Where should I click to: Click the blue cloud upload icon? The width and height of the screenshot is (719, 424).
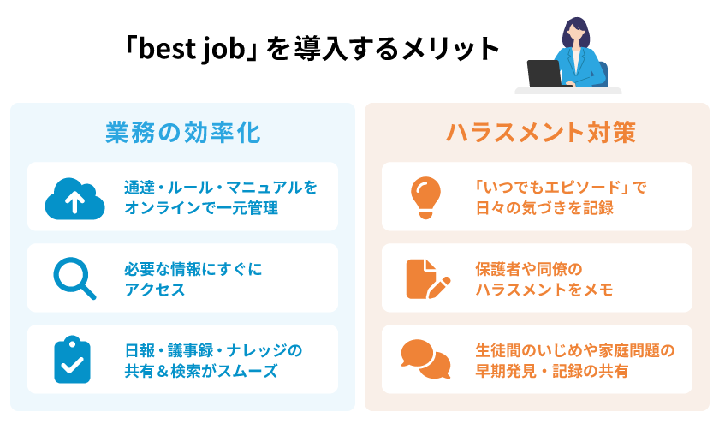(x=74, y=198)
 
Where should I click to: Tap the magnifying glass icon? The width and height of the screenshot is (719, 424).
(x=74, y=278)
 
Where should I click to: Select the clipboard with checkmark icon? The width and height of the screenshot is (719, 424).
(x=72, y=360)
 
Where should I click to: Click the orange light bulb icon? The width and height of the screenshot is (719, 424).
(x=426, y=197)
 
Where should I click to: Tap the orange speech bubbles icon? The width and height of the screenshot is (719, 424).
(x=425, y=359)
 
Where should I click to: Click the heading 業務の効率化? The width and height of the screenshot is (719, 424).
(x=183, y=133)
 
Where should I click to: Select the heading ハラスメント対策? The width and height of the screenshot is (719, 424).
(x=541, y=133)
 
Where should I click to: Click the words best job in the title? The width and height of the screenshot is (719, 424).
(x=192, y=49)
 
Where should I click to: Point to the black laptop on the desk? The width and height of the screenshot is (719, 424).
(x=544, y=74)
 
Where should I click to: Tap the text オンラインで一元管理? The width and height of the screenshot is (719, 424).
(x=201, y=208)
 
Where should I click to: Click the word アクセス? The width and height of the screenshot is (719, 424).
(x=155, y=290)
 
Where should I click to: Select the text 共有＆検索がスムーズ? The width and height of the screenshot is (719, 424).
(x=201, y=371)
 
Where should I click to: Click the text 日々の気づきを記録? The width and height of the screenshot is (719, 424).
(x=544, y=208)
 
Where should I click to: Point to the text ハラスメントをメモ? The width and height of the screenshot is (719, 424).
(x=544, y=290)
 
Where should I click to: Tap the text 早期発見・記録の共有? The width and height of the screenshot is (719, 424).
(x=551, y=371)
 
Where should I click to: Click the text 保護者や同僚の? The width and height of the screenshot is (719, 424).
(x=529, y=269)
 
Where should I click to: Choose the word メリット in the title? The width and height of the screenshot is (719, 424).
(x=451, y=49)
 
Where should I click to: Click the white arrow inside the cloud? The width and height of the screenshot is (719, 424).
(x=74, y=202)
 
